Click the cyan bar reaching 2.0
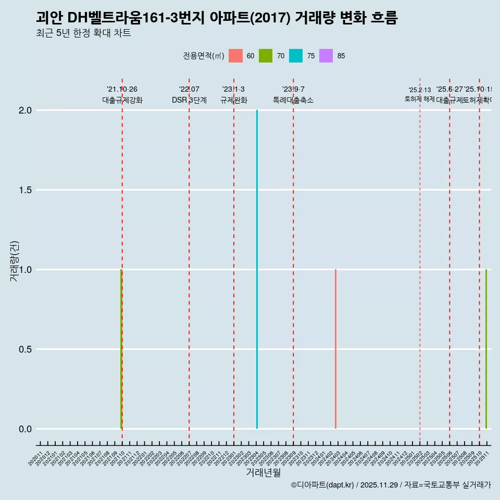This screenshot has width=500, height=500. click(257, 269)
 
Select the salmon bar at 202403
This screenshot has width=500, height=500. click(335, 349)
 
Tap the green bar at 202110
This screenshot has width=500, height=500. click(121, 349)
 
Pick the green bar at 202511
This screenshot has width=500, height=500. click(486, 349)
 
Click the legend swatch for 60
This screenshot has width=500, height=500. click(235, 56)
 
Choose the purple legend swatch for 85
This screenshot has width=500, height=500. click(326, 56)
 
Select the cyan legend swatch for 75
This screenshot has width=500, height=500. click(296, 56)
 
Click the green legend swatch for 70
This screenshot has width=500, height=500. click(266, 56)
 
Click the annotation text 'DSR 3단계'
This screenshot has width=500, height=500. click(189, 101)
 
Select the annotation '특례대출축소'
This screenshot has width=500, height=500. click(293, 101)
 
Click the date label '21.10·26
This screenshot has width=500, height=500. click(122, 90)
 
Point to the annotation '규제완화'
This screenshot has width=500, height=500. click(233, 101)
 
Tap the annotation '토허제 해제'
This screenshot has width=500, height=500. click(420, 99)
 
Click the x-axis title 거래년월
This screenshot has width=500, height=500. click(263, 472)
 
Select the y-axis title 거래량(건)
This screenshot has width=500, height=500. click(14, 261)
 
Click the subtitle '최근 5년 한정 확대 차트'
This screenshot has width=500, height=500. click(83, 33)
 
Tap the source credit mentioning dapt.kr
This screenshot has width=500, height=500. click(391, 485)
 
